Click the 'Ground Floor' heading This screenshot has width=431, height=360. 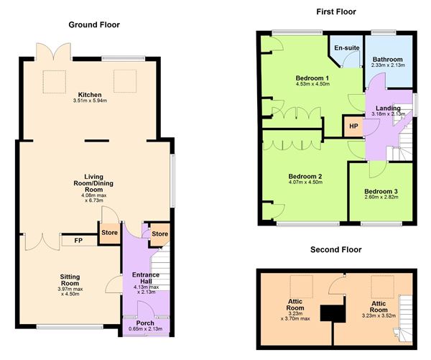tap(93, 24)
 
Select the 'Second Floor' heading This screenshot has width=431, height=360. tap(335, 250)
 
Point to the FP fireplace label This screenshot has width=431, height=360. tap(78, 240)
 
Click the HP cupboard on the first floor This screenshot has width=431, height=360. tap(353, 126)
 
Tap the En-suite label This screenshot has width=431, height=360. tap(347, 48)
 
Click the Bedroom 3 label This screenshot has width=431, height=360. tap(381, 191)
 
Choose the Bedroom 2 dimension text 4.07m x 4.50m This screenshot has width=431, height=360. tap(305, 183)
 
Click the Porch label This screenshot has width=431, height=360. tap(145, 322)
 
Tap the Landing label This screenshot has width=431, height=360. tap(388, 108)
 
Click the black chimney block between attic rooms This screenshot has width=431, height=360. tap(329, 313)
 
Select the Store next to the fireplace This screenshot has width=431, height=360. tap(108, 232)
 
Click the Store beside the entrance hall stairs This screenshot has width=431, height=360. tap(159, 234)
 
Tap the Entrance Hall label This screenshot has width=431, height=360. tap(145, 279)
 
